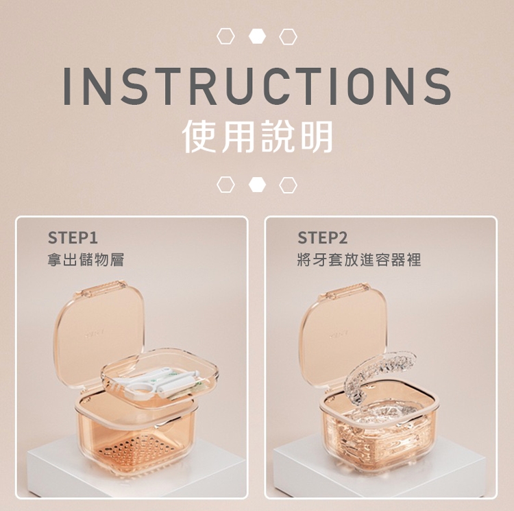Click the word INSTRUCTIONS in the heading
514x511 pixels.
tap(257, 86)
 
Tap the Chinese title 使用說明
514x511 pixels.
tap(257, 136)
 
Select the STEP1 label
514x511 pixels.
tap(73, 238)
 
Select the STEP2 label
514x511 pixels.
tap(323, 238)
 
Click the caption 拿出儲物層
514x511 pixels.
tap(86, 260)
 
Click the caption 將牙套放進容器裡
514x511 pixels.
tap(359, 260)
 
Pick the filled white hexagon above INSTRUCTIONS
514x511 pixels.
tap(257, 36)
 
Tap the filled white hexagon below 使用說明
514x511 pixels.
tap(257, 185)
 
